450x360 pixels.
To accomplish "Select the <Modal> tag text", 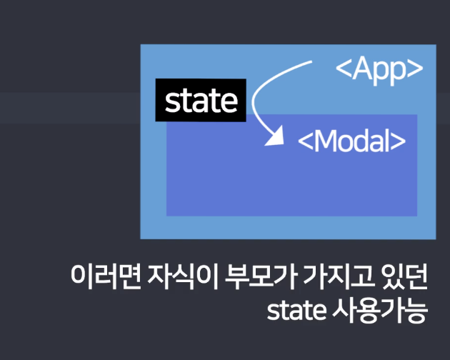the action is (x=351, y=141).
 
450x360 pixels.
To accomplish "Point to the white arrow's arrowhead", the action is (x=271, y=139).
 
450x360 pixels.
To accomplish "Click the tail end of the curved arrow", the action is (x=311, y=62).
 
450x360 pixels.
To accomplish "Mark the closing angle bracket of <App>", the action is (x=415, y=69).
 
